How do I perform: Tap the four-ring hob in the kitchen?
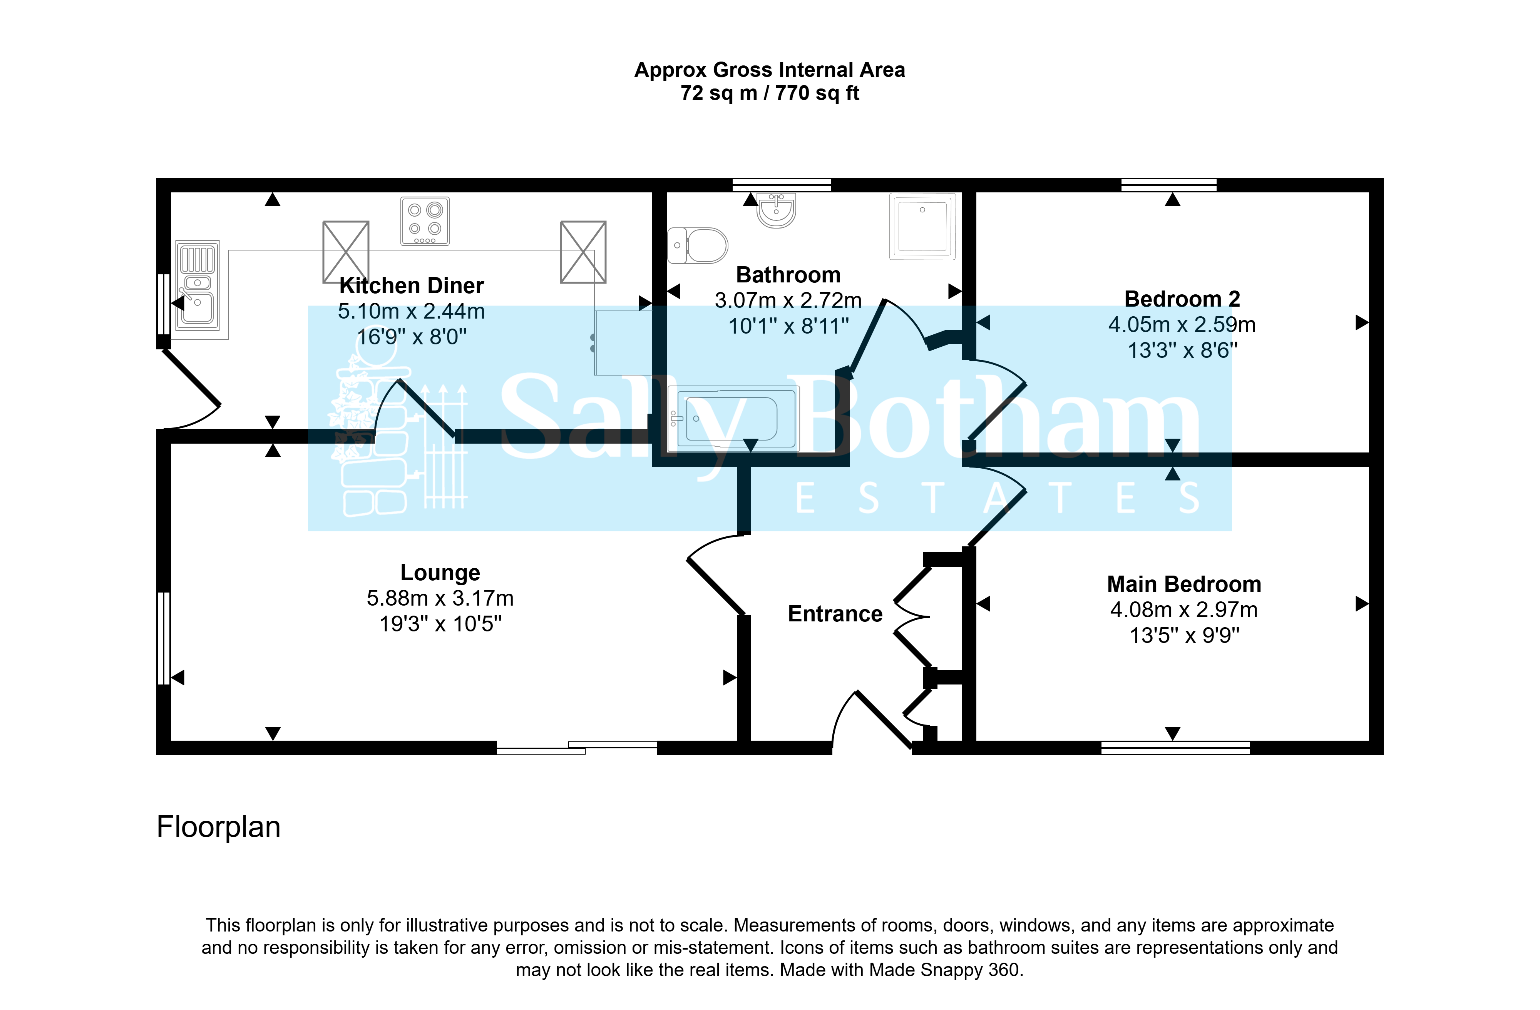(425, 221)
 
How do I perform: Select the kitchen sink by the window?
(198, 285)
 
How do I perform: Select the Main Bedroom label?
(1184, 584)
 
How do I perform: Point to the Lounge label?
(440, 573)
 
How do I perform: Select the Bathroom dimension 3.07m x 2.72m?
(788, 300)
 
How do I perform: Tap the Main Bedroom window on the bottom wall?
(1176, 748)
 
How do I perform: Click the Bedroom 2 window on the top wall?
(1168, 185)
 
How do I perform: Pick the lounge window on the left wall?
(164, 638)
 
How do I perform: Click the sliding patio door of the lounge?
(576, 748)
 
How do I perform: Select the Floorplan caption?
(219, 827)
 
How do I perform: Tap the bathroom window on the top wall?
(782, 185)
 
